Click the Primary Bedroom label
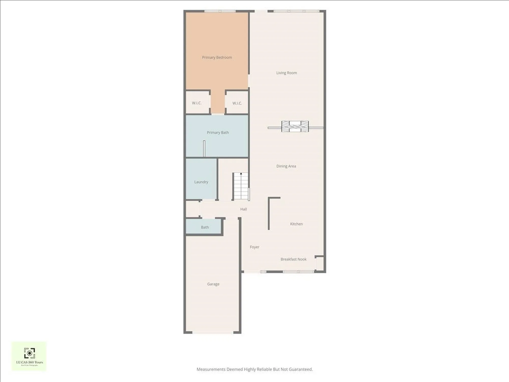tap(217, 58)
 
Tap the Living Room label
tap(287, 73)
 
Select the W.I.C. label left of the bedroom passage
tap(197, 103)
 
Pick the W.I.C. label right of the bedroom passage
tap(237, 103)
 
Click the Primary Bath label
tap(218, 133)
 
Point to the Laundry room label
tap(201, 182)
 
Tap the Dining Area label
tap(286, 166)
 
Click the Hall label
tap(244, 209)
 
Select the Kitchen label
tap(296, 224)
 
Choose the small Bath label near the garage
tap(205, 227)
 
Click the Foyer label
tap(254, 247)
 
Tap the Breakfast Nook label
tap(293, 259)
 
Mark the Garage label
tap(213, 284)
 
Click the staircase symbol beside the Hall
tap(241, 186)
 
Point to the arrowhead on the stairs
tap(241, 174)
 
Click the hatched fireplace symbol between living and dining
tap(295, 127)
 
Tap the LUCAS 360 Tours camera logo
tap(30, 353)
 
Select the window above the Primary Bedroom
tap(220, 11)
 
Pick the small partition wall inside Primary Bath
tap(204, 148)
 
